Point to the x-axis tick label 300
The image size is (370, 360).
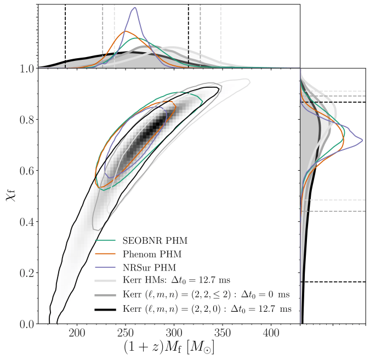click(x=174, y=333)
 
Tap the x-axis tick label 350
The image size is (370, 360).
click(x=222, y=333)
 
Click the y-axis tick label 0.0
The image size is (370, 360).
click(x=26, y=324)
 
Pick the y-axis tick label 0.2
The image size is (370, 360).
click(x=26, y=273)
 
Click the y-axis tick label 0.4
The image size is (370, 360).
click(x=26, y=222)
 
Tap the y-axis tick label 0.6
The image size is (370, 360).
click(x=26, y=171)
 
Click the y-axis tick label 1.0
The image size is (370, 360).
click(x=26, y=69)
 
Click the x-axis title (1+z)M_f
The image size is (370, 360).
click(x=169, y=348)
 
